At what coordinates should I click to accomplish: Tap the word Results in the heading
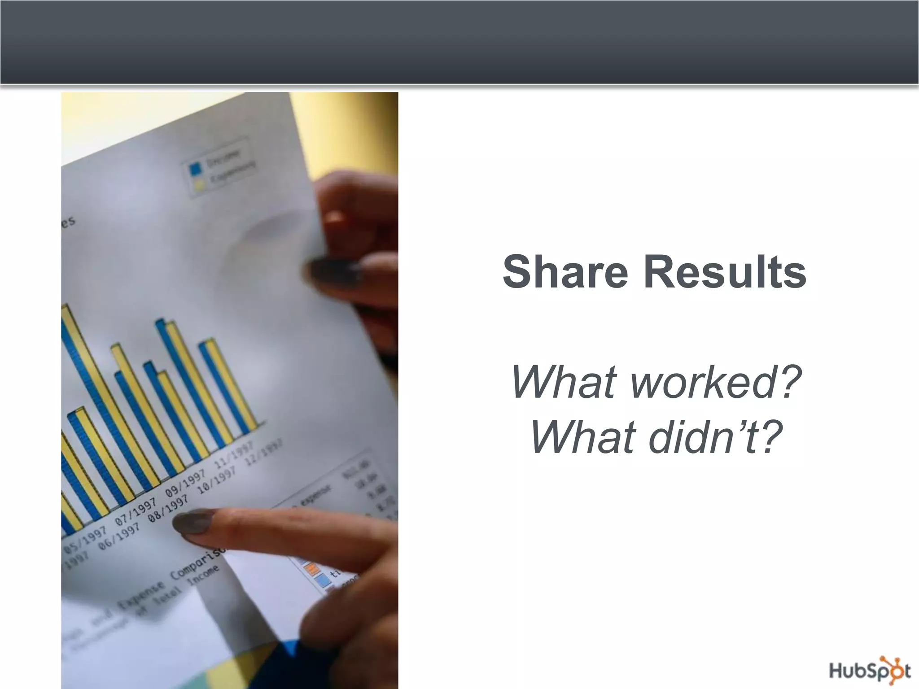pos(725,272)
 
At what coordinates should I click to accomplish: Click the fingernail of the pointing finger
pos(193,523)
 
